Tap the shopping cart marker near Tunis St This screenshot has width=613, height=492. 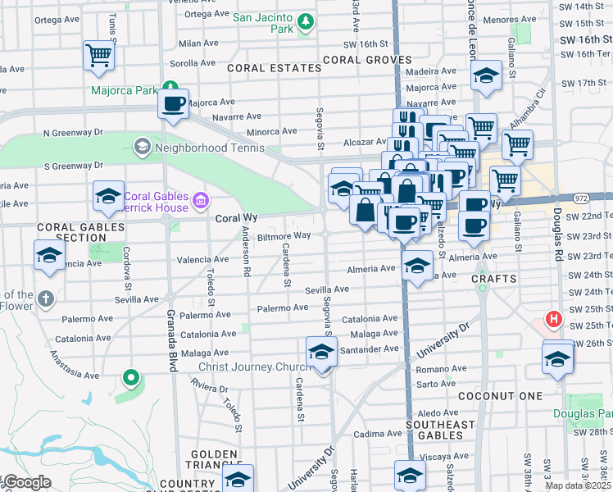pos(98,56)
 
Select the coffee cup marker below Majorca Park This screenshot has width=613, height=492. pos(173,104)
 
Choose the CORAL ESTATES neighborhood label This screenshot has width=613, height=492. pos(274,68)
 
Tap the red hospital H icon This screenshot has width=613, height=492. pos(554,319)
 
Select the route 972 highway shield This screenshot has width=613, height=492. pos(581,198)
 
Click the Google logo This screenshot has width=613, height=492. pos(26,482)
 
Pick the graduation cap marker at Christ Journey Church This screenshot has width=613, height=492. pos(320,353)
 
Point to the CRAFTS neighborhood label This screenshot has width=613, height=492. pos(494,280)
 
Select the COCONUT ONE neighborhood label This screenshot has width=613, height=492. pos(502,396)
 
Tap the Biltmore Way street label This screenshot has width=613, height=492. pos(284,236)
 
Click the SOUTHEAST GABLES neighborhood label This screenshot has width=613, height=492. pos(440,430)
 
